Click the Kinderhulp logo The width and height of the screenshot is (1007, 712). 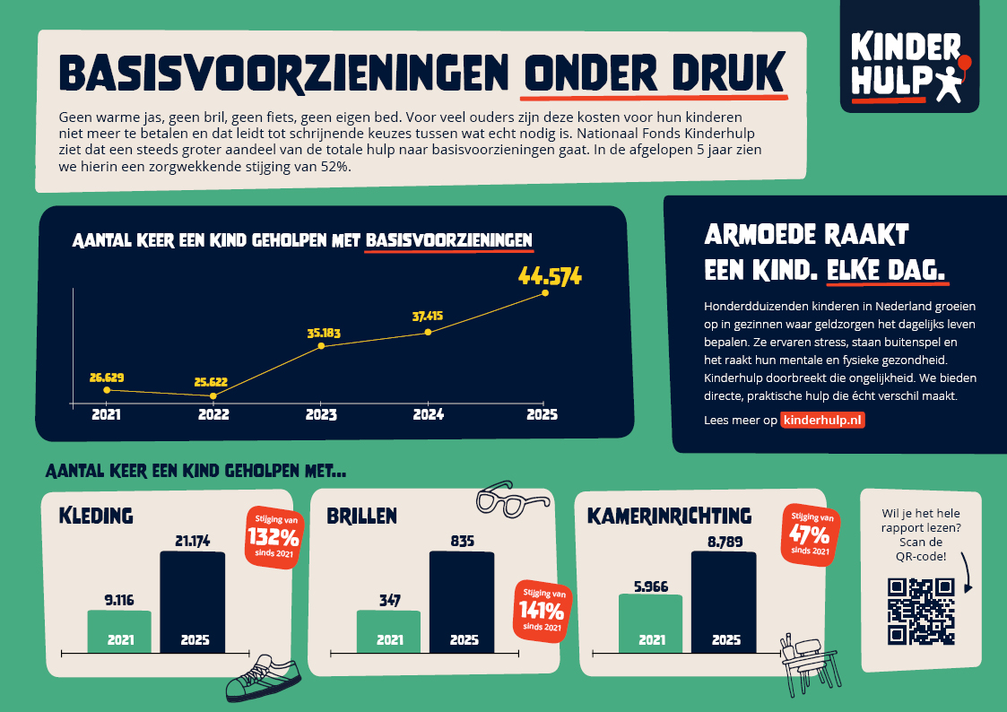coord(908,61)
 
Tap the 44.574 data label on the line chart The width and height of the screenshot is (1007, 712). coord(550,275)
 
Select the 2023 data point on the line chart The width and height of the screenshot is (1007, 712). coord(321,346)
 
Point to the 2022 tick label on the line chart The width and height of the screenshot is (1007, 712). coord(213,415)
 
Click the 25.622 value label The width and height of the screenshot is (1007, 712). coord(213,381)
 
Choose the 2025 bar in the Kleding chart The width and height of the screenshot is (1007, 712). coord(193,602)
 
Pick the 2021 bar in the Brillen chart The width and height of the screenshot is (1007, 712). coord(388,631)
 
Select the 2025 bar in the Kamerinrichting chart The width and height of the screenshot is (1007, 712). coord(724,602)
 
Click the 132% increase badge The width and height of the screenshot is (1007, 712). coord(273,537)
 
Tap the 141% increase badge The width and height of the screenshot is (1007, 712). coord(541,611)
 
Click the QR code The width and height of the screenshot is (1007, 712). coord(920,612)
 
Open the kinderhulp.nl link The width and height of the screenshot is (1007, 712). coord(822,420)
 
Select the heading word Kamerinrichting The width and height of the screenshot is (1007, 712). coord(669,516)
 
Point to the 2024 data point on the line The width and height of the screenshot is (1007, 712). coord(428,332)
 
